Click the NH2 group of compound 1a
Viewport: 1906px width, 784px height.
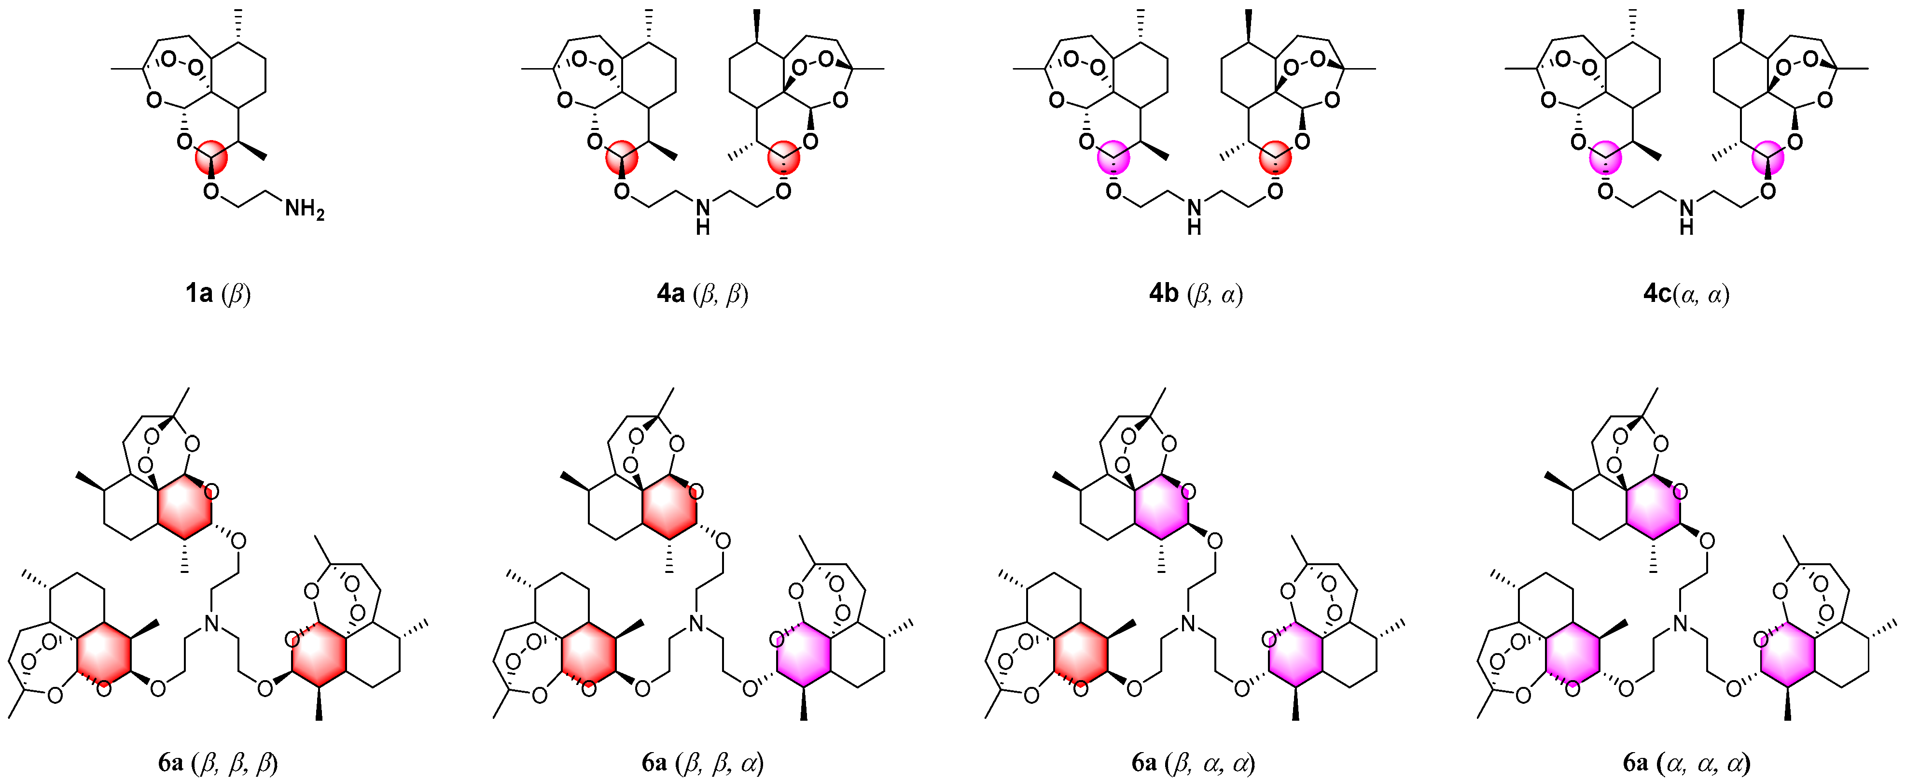point(304,210)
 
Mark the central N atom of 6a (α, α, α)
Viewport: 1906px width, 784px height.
point(1680,624)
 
